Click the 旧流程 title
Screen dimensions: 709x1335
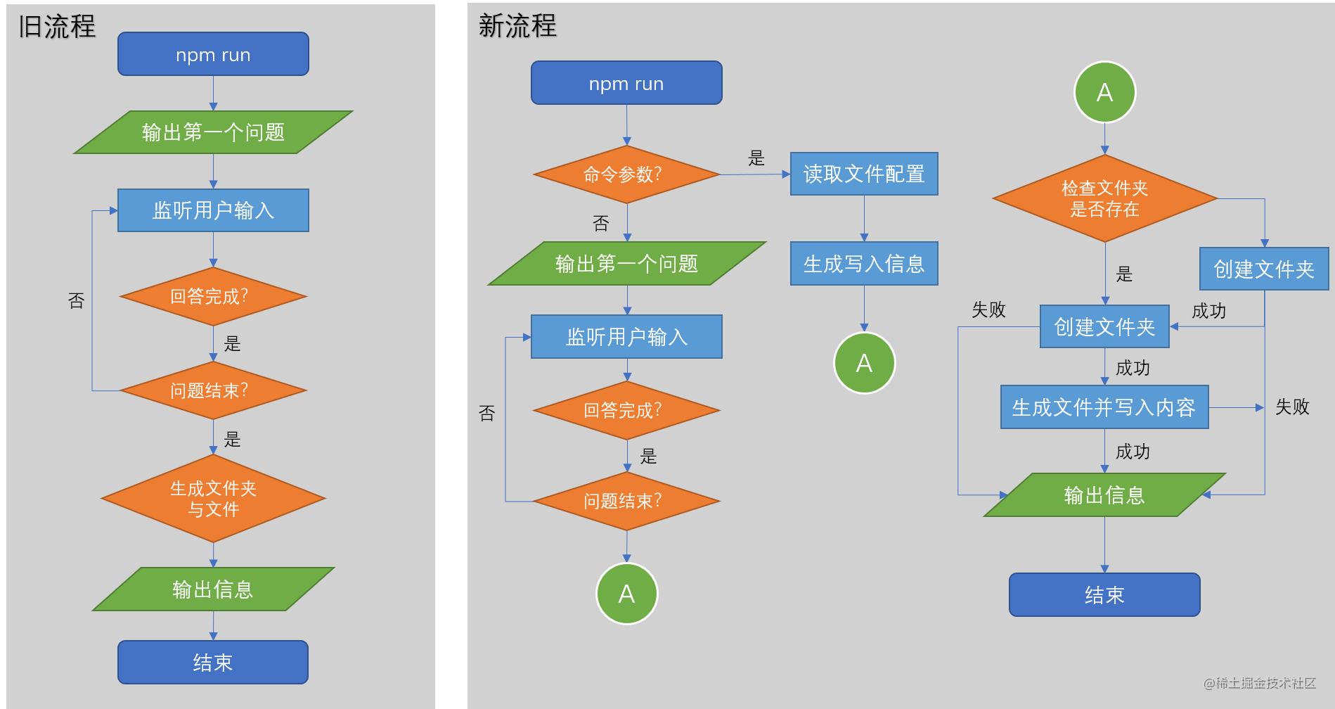click(57, 27)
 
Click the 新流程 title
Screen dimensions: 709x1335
click(517, 26)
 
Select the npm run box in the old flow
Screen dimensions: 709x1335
click(213, 54)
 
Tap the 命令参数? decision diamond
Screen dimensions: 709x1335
click(626, 174)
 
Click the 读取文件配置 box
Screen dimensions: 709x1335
click(864, 174)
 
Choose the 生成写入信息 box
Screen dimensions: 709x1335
click(864, 264)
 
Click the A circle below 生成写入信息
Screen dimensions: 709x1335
click(864, 363)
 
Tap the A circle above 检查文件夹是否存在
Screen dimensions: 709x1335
click(1104, 92)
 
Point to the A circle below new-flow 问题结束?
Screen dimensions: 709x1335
click(626, 594)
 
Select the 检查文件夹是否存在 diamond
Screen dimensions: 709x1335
click(1104, 198)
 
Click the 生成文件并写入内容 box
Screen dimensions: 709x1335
click(1104, 407)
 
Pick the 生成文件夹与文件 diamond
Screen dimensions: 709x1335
click(213, 499)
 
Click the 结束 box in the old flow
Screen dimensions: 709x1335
click(213, 662)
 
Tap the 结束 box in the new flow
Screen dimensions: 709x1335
click(1104, 595)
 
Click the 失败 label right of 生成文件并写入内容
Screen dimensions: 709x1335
click(1292, 407)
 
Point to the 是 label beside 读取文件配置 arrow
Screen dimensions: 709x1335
click(756, 158)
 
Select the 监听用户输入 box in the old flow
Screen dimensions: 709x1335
click(213, 210)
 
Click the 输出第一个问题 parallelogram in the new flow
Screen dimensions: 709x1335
click(626, 264)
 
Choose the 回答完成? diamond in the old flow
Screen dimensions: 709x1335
click(213, 296)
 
